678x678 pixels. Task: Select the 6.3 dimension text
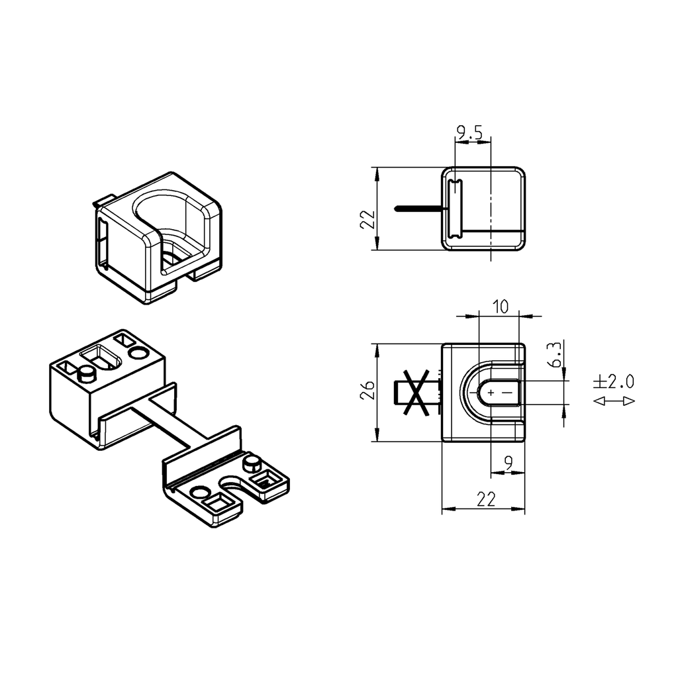[557, 355]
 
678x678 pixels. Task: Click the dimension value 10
[500, 306]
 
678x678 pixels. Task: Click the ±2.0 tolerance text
[613, 382]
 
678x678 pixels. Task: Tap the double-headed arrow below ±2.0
[613, 401]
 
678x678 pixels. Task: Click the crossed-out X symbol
[414, 393]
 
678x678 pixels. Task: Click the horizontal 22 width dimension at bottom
[485, 500]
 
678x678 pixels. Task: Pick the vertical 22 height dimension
[368, 219]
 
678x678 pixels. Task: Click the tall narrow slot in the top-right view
[454, 209]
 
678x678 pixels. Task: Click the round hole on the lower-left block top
[139, 353]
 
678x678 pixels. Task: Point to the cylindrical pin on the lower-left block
[86, 375]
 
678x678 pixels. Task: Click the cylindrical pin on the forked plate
[252, 463]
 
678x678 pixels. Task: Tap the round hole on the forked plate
[198, 493]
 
